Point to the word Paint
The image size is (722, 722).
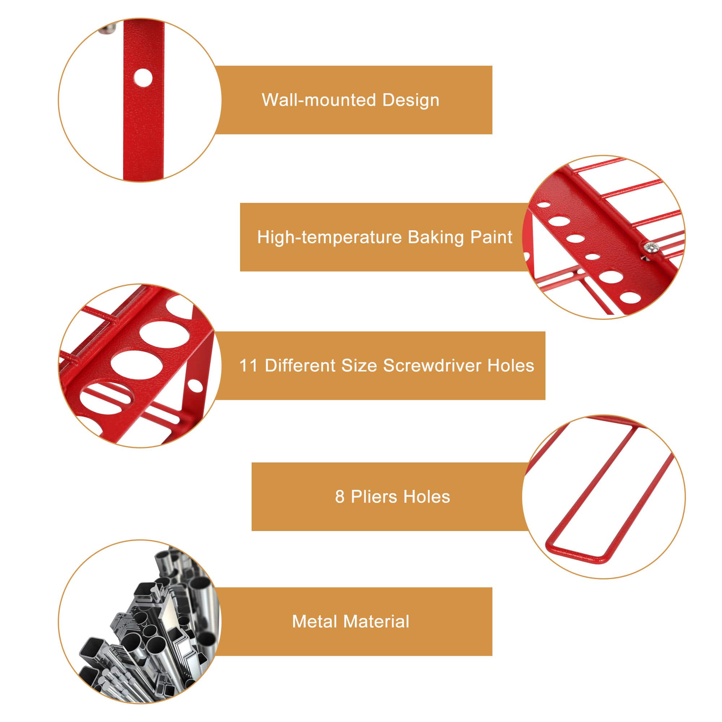(491, 237)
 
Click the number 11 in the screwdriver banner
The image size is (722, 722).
(248, 365)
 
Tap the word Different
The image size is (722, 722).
(300, 365)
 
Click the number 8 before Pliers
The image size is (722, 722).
(339, 497)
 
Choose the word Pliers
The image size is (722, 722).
(374, 497)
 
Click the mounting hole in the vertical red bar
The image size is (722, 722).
(143, 78)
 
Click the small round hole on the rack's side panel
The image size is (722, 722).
(195, 386)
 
